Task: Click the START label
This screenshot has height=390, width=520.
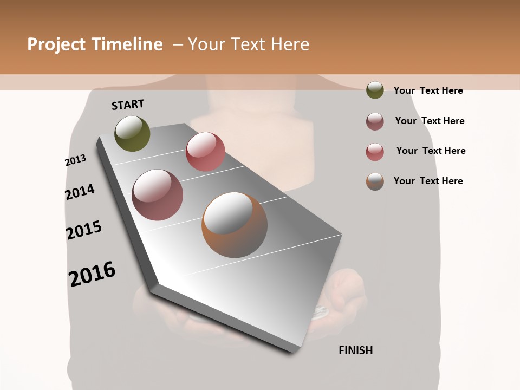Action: point(128,105)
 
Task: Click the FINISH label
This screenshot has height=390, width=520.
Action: point(355,350)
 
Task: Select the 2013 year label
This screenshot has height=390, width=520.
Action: point(75,160)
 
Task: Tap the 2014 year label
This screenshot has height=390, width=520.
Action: point(80,192)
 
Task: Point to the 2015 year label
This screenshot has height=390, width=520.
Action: point(84,230)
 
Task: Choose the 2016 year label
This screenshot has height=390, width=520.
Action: point(92,274)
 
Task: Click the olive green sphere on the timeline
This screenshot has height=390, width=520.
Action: point(132,133)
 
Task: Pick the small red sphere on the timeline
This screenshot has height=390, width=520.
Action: point(205,152)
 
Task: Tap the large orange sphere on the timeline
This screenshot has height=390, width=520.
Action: point(235,225)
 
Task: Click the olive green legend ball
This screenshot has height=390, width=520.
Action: point(375,90)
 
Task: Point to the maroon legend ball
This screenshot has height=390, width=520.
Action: point(375,121)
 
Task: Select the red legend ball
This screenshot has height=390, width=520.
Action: point(375,152)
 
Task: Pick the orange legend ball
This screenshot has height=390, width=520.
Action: point(375,181)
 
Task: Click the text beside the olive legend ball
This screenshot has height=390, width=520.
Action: point(428,90)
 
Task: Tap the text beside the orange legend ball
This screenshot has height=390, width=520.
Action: point(428,181)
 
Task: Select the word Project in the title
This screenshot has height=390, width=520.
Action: point(56,44)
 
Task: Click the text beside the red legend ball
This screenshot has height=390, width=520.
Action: point(431,151)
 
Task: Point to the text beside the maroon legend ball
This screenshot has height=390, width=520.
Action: point(430,121)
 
